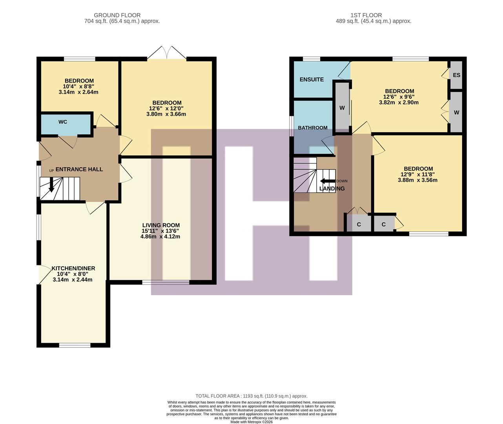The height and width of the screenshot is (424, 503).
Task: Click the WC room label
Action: (x=63, y=122)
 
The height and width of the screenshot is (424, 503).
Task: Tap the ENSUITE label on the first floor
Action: (x=312, y=79)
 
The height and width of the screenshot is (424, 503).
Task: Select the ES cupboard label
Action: (x=456, y=75)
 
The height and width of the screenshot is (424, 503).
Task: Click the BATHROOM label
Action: (x=313, y=128)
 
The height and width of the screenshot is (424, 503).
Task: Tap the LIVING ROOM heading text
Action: (x=161, y=225)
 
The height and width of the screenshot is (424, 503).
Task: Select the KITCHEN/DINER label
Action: (x=73, y=269)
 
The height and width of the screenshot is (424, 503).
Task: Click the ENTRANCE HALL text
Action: (x=79, y=169)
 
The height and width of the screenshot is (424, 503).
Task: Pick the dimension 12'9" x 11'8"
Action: (x=417, y=175)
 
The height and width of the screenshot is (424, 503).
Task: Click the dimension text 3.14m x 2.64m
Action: (x=78, y=92)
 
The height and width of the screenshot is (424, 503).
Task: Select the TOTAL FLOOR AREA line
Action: (x=251, y=396)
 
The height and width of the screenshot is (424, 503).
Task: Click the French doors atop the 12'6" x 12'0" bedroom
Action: (x=167, y=53)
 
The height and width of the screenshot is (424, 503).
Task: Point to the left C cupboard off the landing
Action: (x=359, y=225)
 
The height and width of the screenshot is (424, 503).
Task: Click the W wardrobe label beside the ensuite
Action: (x=342, y=108)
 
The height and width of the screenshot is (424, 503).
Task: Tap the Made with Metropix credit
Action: (x=251, y=422)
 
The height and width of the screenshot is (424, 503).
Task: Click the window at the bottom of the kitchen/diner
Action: (x=75, y=345)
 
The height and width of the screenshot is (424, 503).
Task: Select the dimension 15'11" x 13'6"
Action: (x=160, y=231)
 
